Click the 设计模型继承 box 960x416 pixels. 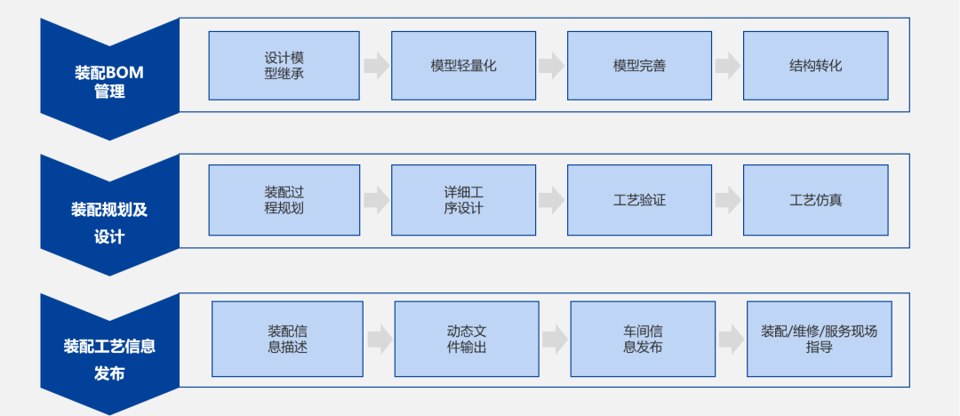point(284,66)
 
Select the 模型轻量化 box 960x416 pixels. point(463,66)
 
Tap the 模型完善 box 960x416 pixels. point(639,66)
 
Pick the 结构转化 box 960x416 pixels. point(815,66)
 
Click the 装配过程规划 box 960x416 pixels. point(284,200)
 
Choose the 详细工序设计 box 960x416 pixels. point(463,200)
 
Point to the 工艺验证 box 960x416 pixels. point(639,200)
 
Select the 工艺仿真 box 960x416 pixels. point(815,200)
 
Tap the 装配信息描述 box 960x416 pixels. point(287,339)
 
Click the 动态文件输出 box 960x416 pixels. point(467,339)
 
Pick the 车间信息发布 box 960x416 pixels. point(643,339)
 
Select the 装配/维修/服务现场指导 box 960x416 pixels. point(819,339)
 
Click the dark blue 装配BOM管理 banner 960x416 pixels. point(109,80)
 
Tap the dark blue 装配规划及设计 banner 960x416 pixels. point(109,218)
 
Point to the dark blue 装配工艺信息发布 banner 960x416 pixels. point(109,356)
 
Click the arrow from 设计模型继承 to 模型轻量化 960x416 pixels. point(376,66)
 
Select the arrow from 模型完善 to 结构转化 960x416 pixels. point(728,66)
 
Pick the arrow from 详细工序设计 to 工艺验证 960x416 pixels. point(551,200)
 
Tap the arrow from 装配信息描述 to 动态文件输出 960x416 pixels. point(380,339)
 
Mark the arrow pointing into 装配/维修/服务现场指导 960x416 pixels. point(732,339)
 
